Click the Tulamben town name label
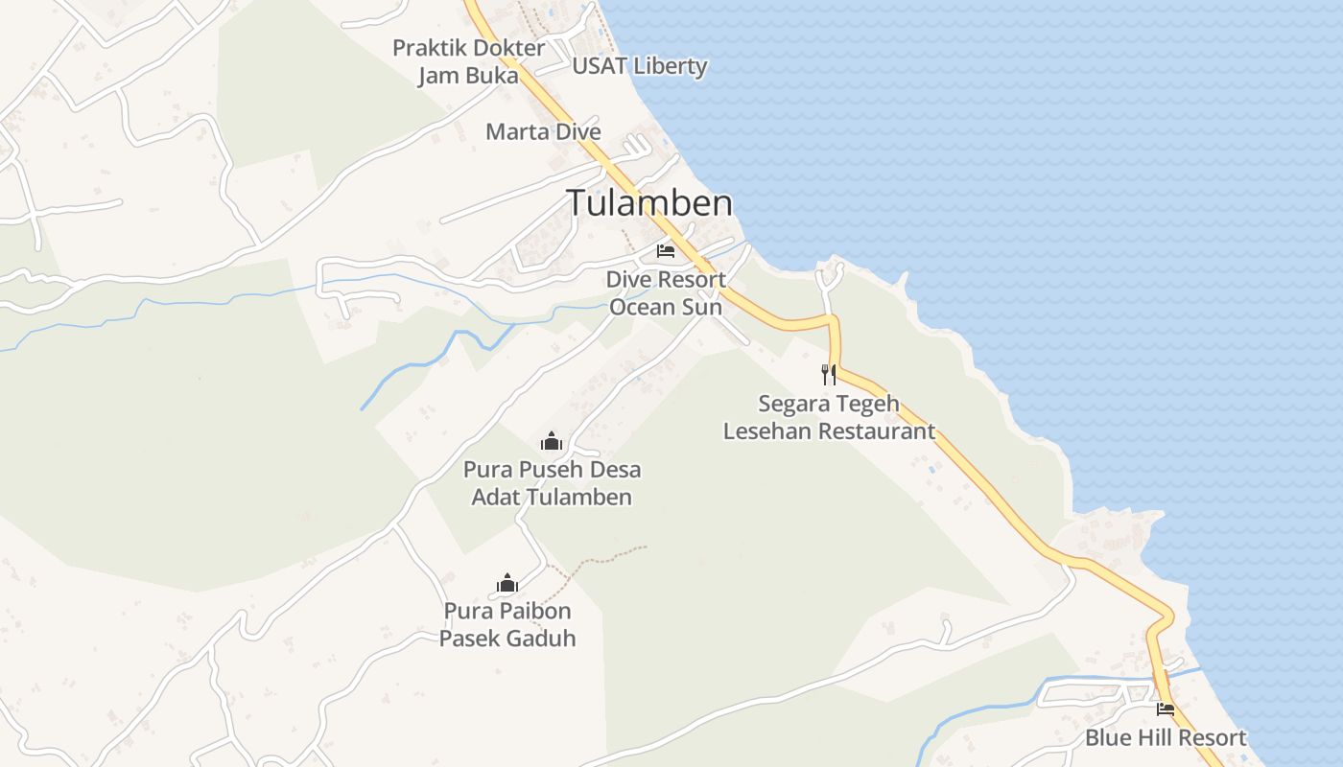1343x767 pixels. coord(649,203)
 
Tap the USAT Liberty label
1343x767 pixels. coord(639,66)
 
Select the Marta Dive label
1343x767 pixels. coord(543,131)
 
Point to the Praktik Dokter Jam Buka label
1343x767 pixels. coord(468,61)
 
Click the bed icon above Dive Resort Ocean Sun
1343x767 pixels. coord(666,251)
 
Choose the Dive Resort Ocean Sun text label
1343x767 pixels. coord(666,293)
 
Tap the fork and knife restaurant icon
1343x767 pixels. coord(829,375)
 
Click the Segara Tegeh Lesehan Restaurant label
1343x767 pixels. coord(829,417)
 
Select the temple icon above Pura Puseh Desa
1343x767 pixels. coord(552,442)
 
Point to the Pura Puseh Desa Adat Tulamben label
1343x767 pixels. coord(552,483)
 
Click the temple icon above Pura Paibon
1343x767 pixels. coord(507,583)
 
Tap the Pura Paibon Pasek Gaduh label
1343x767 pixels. coord(507,624)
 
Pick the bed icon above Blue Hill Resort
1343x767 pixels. coord(1166,709)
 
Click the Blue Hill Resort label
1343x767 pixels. coord(1166,738)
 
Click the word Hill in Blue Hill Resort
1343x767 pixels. coord(1155,738)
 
